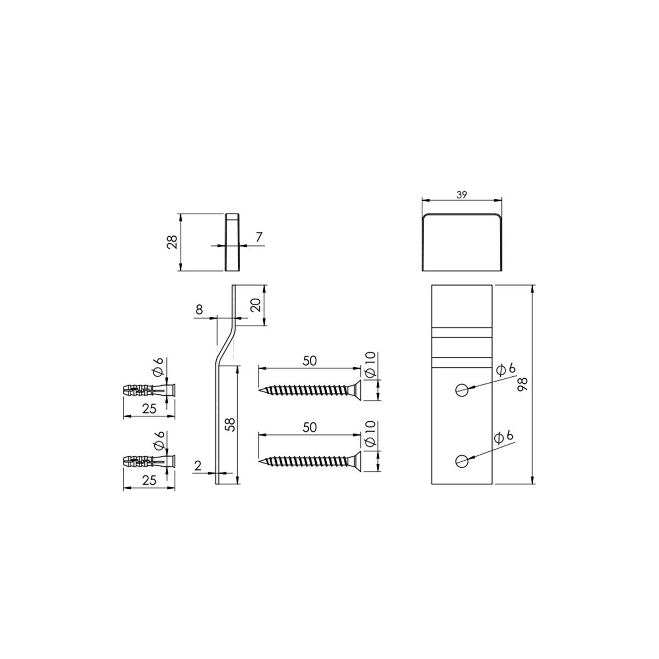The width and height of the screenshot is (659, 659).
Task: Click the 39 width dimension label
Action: point(461,195)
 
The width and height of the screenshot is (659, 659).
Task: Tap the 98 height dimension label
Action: point(523,384)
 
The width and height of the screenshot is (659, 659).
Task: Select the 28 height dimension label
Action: point(173,242)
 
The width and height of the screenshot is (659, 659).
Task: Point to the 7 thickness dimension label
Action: point(259,237)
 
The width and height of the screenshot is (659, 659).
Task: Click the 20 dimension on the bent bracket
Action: point(256,305)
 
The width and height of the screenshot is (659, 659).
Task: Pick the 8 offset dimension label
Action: point(199,310)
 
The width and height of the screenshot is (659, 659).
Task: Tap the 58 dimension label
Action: point(231,425)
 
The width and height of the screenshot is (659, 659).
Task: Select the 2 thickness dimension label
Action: point(198,466)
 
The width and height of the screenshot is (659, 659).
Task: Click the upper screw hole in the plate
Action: point(461,389)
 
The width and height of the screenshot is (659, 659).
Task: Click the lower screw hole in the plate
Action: point(461,461)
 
